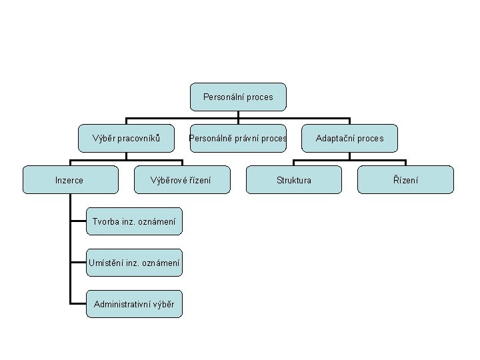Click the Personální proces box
click(x=238, y=97)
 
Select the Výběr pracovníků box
click(x=127, y=139)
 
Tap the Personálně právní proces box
click(x=238, y=139)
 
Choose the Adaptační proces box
click(x=349, y=139)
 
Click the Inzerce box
click(x=69, y=180)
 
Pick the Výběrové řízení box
click(x=181, y=180)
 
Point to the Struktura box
click(x=294, y=180)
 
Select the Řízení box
click(x=406, y=180)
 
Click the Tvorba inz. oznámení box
click(x=134, y=221)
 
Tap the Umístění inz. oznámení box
click(x=134, y=263)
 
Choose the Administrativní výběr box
click(x=134, y=304)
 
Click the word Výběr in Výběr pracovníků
click(x=108, y=139)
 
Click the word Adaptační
click(x=335, y=139)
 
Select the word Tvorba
click(x=105, y=221)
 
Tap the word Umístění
click(x=107, y=263)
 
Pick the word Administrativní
click(x=122, y=304)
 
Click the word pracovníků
click(x=141, y=139)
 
